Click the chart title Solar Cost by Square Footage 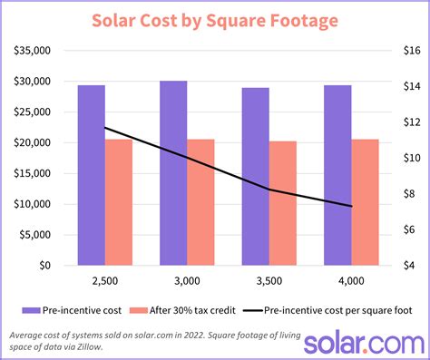pyautogui.click(x=215, y=20)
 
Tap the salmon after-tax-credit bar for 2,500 pyautogui.click(x=119, y=202)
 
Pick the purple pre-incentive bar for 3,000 pyautogui.click(x=173, y=173)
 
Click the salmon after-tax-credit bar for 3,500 pyautogui.click(x=282, y=203)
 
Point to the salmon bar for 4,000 pyautogui.click(x=365, y=202)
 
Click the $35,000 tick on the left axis pyautogui.click(x=32, y=51)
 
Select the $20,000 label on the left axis pyautogui.click(x=32, y=143)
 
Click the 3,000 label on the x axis pyautogui.click(x=187, y=282)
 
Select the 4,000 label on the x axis pyautogui.click(x=351, y=282)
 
